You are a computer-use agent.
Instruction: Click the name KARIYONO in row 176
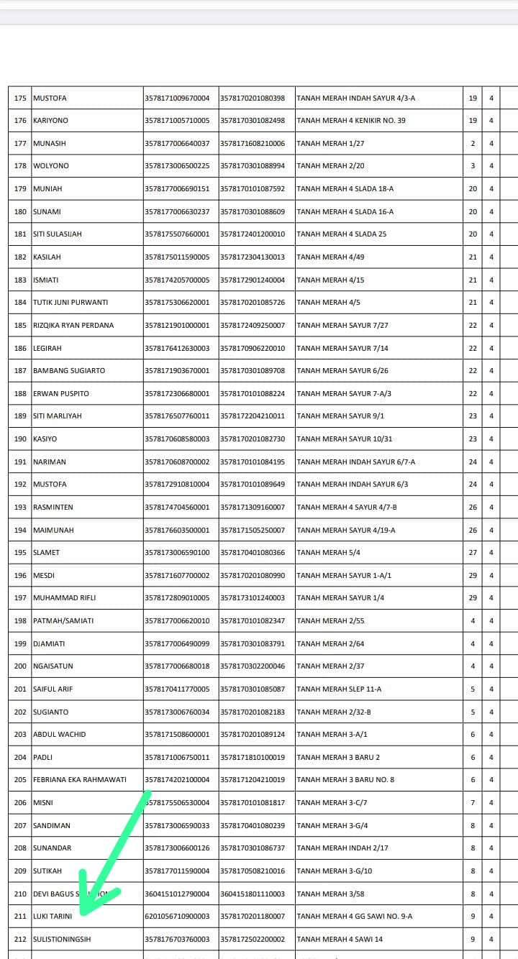(x=51, y=120)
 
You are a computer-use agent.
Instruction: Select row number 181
(x=20, y=234)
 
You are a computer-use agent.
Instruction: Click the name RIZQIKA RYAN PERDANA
(x=73, y=325)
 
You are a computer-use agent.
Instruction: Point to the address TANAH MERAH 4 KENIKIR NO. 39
(x=351, y=120)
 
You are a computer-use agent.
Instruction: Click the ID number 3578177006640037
(x=177, y=143)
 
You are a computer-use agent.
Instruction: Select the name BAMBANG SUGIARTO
(x=69, y=370)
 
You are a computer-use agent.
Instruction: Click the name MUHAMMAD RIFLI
(x=65, y=597)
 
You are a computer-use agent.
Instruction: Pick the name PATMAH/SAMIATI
(x=63, y=620)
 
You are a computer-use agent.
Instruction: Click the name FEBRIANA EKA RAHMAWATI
(x=80, y=779)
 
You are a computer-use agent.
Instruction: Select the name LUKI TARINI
(x=53, y=916)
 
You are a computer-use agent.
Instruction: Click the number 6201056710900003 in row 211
(x=177, y=916)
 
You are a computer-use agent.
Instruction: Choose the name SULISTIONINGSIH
(x=62, y=939)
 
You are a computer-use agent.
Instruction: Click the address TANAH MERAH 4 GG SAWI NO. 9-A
(x=355, y=916)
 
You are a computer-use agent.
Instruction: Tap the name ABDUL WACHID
(x=60, y=734)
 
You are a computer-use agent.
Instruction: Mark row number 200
(x=20, y=666)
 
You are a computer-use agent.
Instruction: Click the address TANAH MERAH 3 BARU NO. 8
(x=345, y=779)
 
